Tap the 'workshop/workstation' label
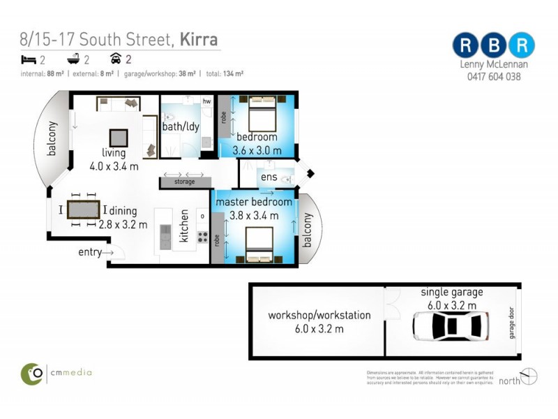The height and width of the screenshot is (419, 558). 319,316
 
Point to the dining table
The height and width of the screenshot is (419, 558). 84,209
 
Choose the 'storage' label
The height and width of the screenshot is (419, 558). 186,182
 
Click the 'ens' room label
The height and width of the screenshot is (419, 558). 269,177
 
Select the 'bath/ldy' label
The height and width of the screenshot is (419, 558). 180,128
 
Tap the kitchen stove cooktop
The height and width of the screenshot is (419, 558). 202,236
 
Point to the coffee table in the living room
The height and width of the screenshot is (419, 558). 118,137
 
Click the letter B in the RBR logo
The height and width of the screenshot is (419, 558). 493,45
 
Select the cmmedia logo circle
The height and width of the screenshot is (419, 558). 32,374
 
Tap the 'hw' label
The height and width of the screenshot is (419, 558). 206,102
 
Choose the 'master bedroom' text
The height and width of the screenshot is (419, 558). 253,202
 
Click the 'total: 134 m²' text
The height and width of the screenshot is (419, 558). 223,73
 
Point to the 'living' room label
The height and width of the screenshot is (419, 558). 113,153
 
